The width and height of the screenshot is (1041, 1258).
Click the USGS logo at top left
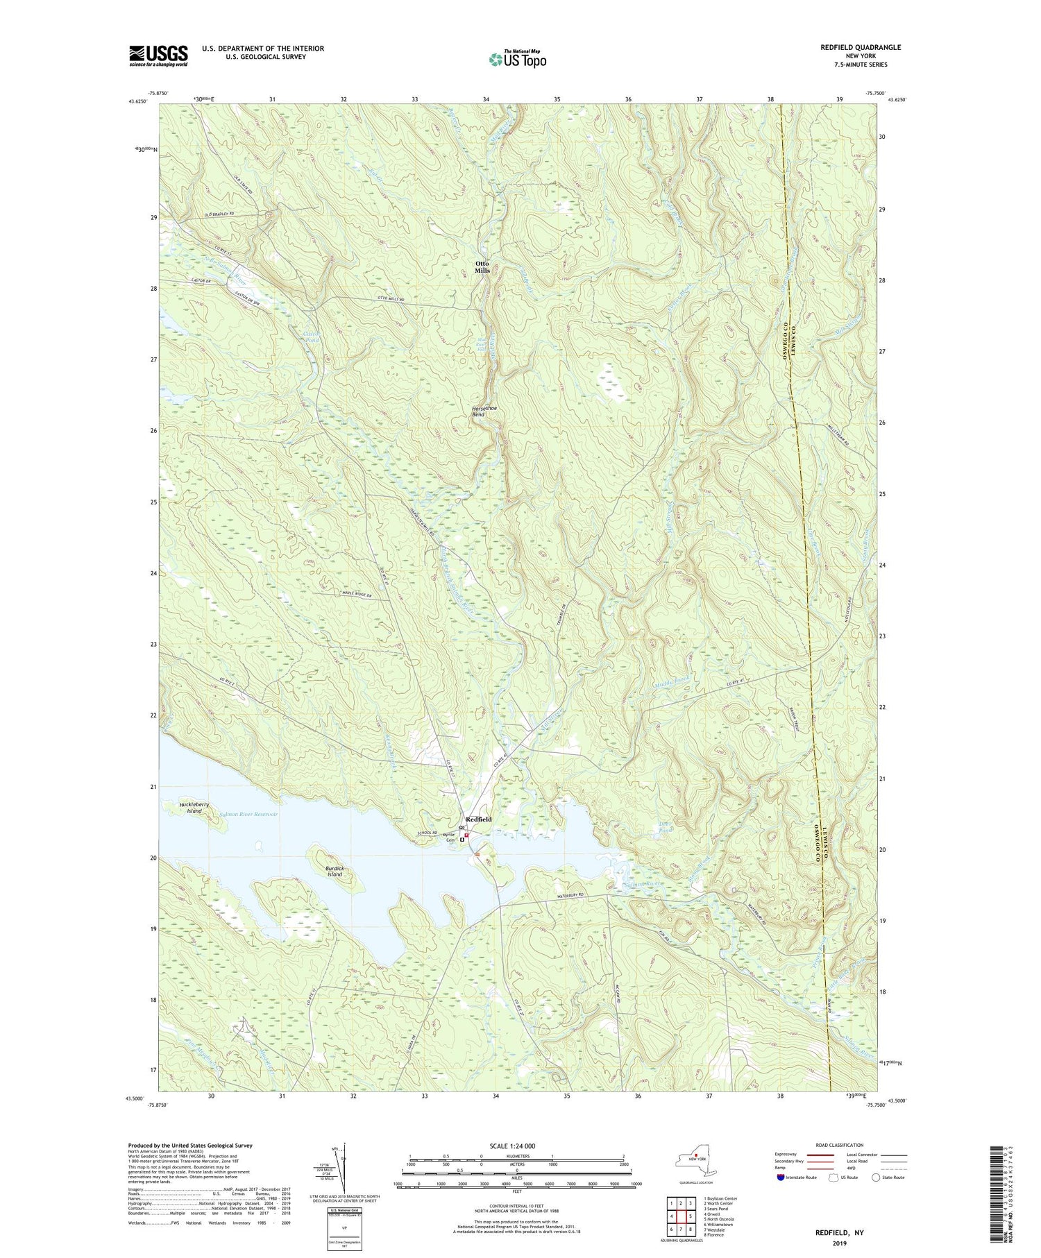158,56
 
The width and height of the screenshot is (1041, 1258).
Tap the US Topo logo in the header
517,60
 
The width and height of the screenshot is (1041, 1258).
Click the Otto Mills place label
482,266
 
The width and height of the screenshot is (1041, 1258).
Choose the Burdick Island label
335,872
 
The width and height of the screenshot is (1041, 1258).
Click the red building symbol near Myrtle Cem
466,835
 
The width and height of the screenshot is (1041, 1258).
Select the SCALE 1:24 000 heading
516,1146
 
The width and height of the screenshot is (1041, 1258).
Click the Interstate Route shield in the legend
783,1178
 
